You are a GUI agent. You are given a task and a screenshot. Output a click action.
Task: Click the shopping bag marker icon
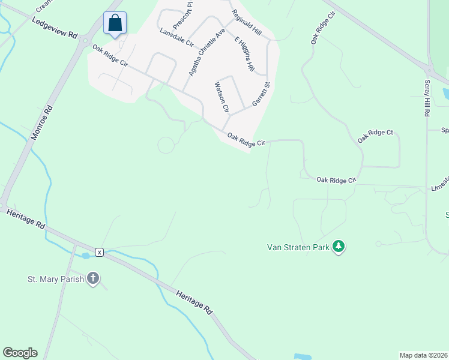[115, 23]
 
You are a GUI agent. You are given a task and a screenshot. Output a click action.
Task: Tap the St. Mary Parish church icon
[92, 278]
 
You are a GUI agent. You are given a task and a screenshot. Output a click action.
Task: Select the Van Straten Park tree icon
[339, 247]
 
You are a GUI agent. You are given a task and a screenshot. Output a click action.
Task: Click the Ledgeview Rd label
[55, 29]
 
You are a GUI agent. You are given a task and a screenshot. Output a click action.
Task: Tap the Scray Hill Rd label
[427, 97]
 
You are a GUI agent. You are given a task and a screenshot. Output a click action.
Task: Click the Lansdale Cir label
[176, 37]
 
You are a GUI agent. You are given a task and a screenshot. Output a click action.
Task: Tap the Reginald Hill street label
[247, 23]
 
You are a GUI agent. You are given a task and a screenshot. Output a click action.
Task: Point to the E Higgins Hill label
[245, 55]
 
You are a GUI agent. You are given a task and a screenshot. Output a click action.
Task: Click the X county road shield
[100, 252]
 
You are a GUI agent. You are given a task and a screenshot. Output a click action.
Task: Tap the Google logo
[20, 352]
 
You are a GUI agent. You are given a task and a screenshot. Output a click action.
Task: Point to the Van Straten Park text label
[298, 247]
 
